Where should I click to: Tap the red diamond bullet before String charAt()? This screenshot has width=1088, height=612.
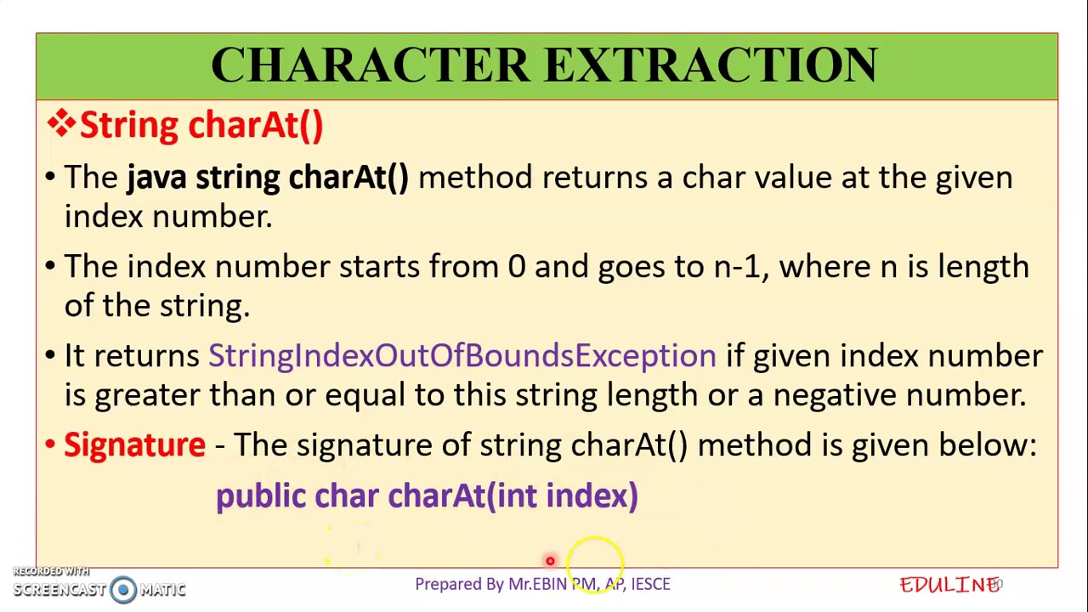pos(61,124)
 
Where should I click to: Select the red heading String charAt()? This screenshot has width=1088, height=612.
pos(201,125)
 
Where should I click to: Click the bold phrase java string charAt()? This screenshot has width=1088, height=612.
pos(267,177)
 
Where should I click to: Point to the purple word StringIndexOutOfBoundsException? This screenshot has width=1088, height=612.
pos(462,355)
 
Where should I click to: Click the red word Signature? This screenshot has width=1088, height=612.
pos(134,445)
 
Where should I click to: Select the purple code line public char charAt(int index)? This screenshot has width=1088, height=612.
pos(426,496)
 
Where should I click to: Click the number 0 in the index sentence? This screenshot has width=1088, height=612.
pos(516,267)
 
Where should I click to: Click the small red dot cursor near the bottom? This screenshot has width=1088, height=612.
pos(550,561)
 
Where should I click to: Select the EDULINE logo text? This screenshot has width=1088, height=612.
pos(949,585)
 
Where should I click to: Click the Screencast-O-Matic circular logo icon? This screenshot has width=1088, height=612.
pos(123,589)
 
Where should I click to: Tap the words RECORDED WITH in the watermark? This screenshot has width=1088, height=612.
pos(51,571)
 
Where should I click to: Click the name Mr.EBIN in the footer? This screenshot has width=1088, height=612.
pos(537,584)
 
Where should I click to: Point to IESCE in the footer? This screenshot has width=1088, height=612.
pos(650,584)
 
